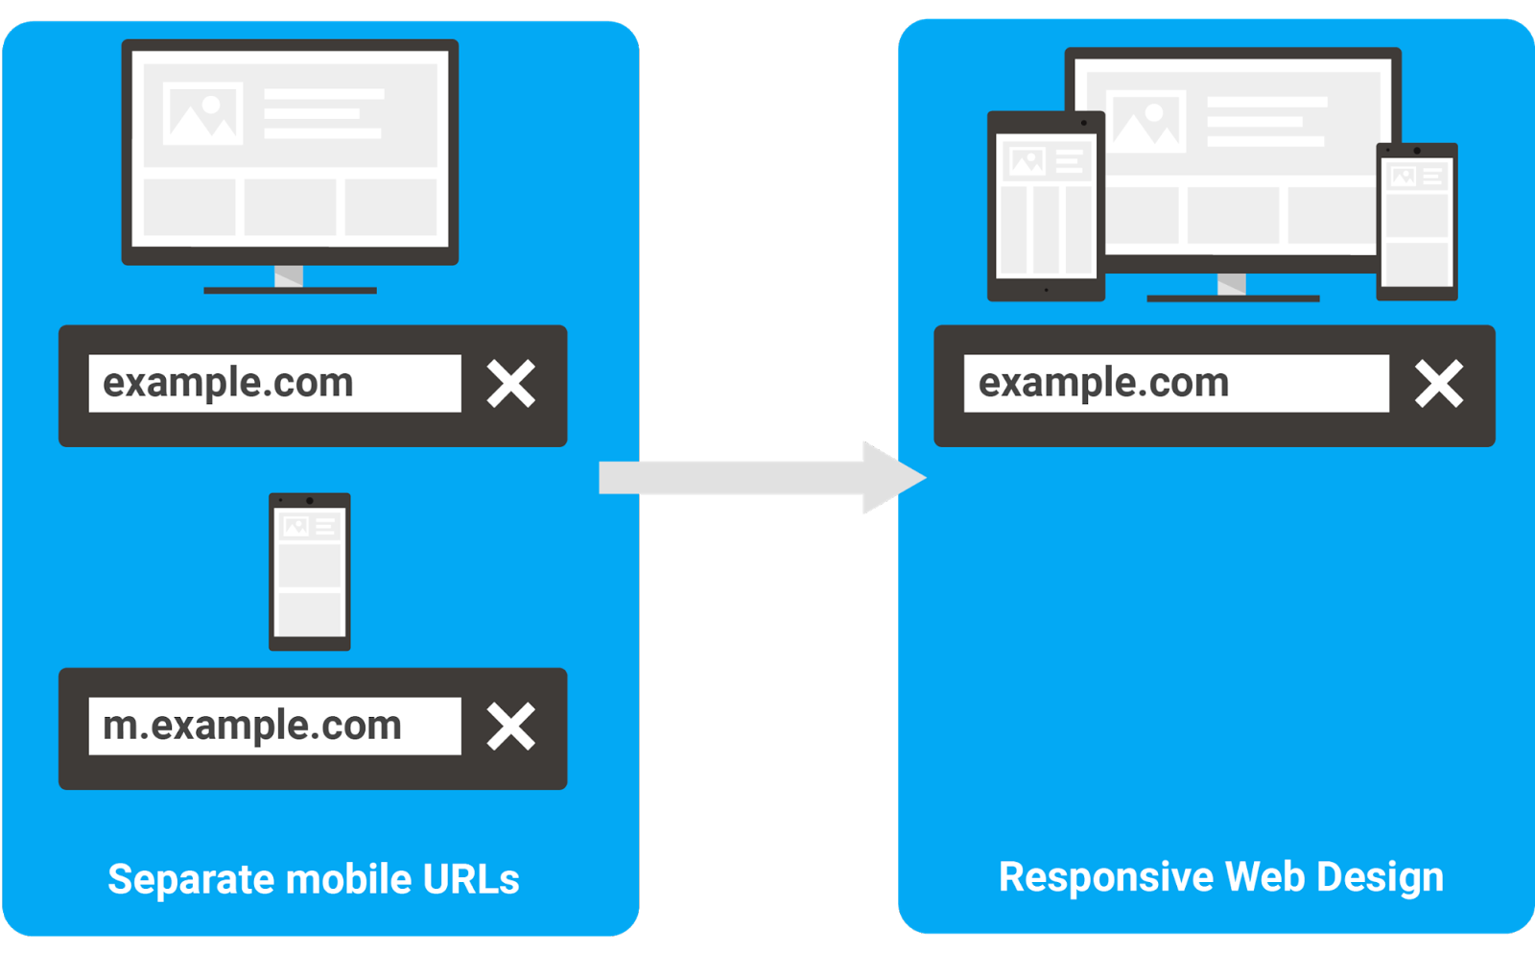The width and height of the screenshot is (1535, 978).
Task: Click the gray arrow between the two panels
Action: [762, 478]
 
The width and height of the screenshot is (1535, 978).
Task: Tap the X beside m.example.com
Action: [510, 726]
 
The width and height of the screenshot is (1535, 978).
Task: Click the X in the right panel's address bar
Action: [1439, 383]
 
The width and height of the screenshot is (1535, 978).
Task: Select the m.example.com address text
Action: [251, 727]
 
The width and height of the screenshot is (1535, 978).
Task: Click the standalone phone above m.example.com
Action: [310, 572]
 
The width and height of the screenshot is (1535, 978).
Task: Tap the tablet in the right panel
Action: [1046, 206]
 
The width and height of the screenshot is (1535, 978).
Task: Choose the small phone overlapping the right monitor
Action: [1417, 222]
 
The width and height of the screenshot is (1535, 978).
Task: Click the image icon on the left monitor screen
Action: [202, 114]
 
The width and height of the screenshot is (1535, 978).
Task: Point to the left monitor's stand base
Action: [290, 291]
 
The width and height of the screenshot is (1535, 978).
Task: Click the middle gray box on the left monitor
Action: [290, 207]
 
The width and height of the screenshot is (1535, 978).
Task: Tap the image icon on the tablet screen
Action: [1027, 162]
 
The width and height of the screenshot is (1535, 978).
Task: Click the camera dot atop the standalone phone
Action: [310, 501]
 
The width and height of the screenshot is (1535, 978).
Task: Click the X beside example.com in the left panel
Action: [510, 383]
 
